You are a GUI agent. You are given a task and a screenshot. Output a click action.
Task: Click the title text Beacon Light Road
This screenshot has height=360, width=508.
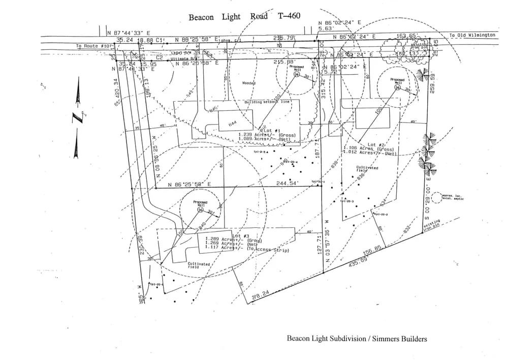coord(228,17)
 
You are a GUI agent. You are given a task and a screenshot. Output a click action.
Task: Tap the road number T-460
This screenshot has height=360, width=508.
coord(289,16)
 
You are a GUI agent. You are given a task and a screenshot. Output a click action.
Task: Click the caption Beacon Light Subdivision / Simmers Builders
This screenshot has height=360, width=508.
coord(357,339)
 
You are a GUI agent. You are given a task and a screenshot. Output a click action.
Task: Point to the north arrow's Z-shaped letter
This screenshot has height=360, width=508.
coord(78,118)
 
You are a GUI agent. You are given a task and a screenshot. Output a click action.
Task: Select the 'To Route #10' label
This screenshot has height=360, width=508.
coord(93,46)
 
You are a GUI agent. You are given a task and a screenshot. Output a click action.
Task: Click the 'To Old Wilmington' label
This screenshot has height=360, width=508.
coord(472,35)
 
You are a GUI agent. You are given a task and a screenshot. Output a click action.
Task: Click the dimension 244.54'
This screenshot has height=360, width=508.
coord(288,183)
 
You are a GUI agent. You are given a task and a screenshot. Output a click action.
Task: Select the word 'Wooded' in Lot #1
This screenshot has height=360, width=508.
coord(249,82)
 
